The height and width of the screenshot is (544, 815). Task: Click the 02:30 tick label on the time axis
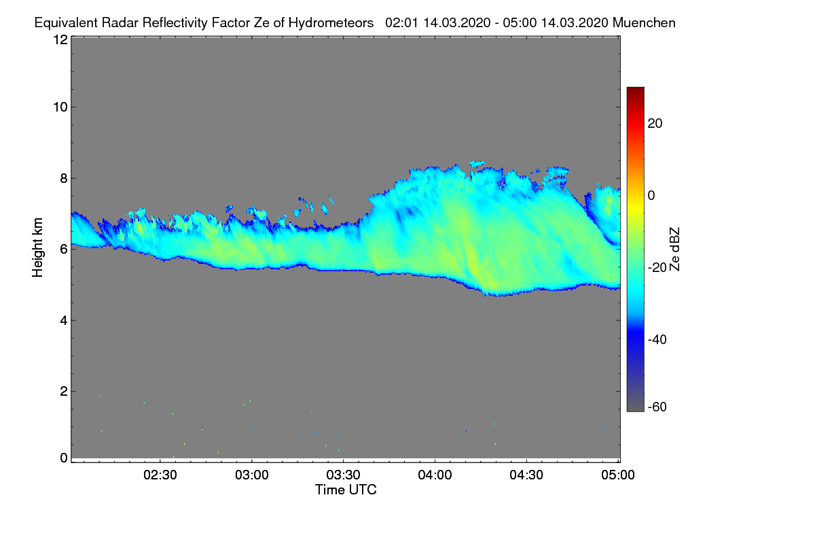160,475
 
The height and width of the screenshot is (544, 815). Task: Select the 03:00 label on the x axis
252,475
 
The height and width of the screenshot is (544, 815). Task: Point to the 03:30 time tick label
344,475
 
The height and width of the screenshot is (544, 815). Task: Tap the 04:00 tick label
435,475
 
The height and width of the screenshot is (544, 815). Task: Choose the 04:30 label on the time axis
527,475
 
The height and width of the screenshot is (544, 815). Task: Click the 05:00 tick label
618,475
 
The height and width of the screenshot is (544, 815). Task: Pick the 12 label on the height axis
60,39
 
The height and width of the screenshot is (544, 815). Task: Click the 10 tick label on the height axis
60,107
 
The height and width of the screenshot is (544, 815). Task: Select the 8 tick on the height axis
64,178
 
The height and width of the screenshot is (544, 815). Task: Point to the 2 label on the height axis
64,391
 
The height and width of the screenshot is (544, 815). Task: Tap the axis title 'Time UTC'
346,490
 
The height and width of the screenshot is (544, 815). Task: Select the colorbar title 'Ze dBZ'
674,249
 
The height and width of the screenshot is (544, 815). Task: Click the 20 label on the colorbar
655,124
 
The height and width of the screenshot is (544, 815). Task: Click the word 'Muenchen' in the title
644,22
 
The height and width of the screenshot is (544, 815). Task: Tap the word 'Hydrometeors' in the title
331,22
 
